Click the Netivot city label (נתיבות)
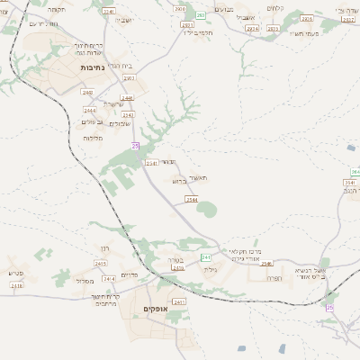tap(94, 67)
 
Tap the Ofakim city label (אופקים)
tap(156, 310)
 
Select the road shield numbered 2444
tap(114, 109)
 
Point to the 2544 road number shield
tap(192, 198)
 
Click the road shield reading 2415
tap(177, 267)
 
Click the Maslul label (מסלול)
tap(85, 281)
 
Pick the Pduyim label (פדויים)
tap(129, 274)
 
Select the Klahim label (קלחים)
tap(301, 8)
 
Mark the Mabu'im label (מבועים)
tap(250, 8)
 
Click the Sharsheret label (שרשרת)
tap(114, 103)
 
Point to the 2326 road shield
tap(307, 18)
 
